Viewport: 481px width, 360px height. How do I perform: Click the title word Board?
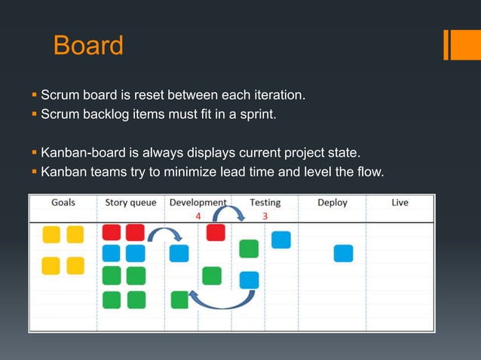coord(88,46)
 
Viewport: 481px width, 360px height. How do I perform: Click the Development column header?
coord(198,203)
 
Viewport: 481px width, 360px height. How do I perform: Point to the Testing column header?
coord(265,203)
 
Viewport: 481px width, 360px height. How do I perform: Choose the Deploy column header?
coord(332,203)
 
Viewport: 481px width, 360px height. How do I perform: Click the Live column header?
coord(401,203)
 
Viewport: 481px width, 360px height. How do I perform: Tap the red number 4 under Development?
coord(198,215)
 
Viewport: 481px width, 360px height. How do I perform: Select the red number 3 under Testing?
coord(265,215)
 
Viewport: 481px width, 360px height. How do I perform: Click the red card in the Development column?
coord(216,233)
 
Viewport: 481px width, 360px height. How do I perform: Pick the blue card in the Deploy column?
coord(343,253)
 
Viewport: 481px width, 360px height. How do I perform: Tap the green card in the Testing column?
coord(249,249)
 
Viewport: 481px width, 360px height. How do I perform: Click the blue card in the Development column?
coord(179,253)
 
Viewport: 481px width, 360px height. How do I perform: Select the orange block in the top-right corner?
coord(461,44)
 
